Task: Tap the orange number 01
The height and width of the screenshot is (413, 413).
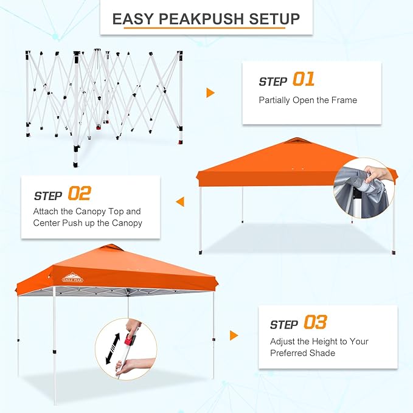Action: click(x=304, y=80)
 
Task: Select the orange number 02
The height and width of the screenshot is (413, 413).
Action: click(x=79, y=194)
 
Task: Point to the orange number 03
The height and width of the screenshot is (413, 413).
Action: click(x=315, y=322)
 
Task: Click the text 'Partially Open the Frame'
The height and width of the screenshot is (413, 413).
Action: click(x=308, y=100)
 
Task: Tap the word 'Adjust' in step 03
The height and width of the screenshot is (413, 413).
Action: click(x=285, y=341)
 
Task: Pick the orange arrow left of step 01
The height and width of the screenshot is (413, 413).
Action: click(x=210, y=93)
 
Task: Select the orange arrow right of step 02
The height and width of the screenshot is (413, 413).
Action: click(x=179, y=201)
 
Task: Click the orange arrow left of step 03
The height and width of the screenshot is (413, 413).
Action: click(x=234, y=335)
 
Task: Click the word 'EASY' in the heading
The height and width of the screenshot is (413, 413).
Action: click(x=131, y=19)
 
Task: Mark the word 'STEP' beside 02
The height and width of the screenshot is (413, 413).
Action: click(x=48, y=196)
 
